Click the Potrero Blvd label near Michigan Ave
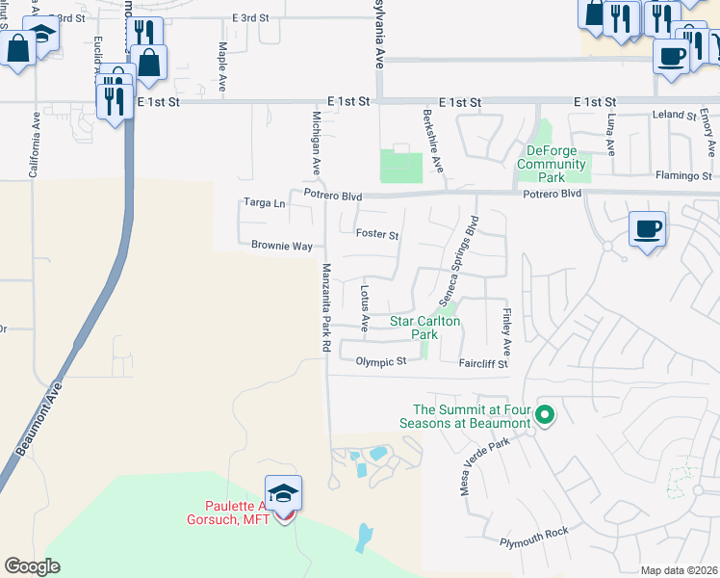pos(332,196)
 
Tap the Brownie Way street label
pos(282,246)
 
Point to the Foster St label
pos(377,234)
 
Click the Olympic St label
pos(381,362)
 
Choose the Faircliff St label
pos(482,364)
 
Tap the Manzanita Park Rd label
pos(325,306)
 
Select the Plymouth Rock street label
pos(534,537)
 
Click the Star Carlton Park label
pos(424,328)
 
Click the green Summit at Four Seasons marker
pos(544,416)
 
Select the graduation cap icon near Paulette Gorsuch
pos(283,493)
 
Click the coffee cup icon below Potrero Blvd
pos(648,229)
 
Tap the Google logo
pos(32,566)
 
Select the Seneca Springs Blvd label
pos(459,258)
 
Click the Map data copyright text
pos(678,570)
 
